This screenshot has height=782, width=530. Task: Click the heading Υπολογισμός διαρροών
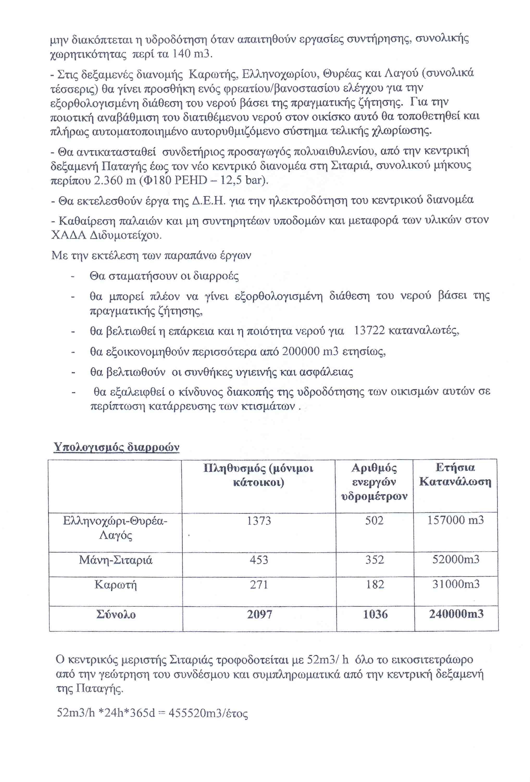(x=116, y=447)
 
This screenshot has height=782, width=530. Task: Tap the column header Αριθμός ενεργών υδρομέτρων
(x=374, y=482)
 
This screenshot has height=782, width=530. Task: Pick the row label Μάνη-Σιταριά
(x=115, y=560)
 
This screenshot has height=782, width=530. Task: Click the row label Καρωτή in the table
(x=115, y=585)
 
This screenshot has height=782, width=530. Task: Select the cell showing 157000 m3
(x=455, y=520)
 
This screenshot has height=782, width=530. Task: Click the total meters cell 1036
(x=375, y=615)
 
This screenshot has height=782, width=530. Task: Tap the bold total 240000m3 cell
(x=456, y=614)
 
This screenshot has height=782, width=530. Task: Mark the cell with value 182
(x=375, y=585)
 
